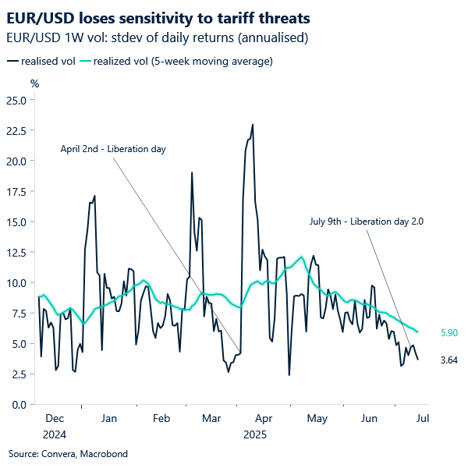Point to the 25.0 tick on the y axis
coord(16,100)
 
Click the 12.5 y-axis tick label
coord(16,252)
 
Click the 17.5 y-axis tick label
coord(16,191)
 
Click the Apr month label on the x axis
coord(264,419)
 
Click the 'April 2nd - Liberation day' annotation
coord(113,148)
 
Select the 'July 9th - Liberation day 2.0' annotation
coord(366,222)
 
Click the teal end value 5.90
coord(449,333)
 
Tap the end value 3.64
coord(449,360)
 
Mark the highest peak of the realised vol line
coord(253,125)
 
